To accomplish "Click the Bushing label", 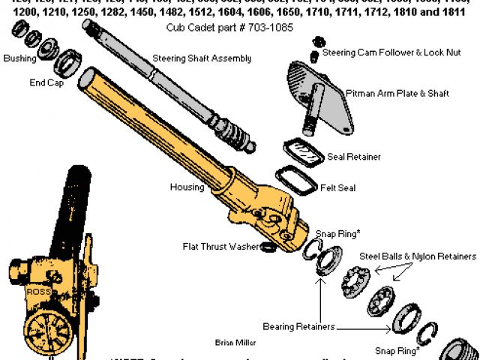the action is (19, 58).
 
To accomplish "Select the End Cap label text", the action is (47, 83).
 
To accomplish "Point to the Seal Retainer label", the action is (354, 157).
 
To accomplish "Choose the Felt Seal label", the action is (337, 187).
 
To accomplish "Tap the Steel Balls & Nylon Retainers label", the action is (418, 256).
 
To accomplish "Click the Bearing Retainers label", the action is (298, 327).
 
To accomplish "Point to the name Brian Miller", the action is (235, 343).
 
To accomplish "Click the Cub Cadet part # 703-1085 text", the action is (229, 27).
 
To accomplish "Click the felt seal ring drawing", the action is (296, 181).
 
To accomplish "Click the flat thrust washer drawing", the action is (267, 247).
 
